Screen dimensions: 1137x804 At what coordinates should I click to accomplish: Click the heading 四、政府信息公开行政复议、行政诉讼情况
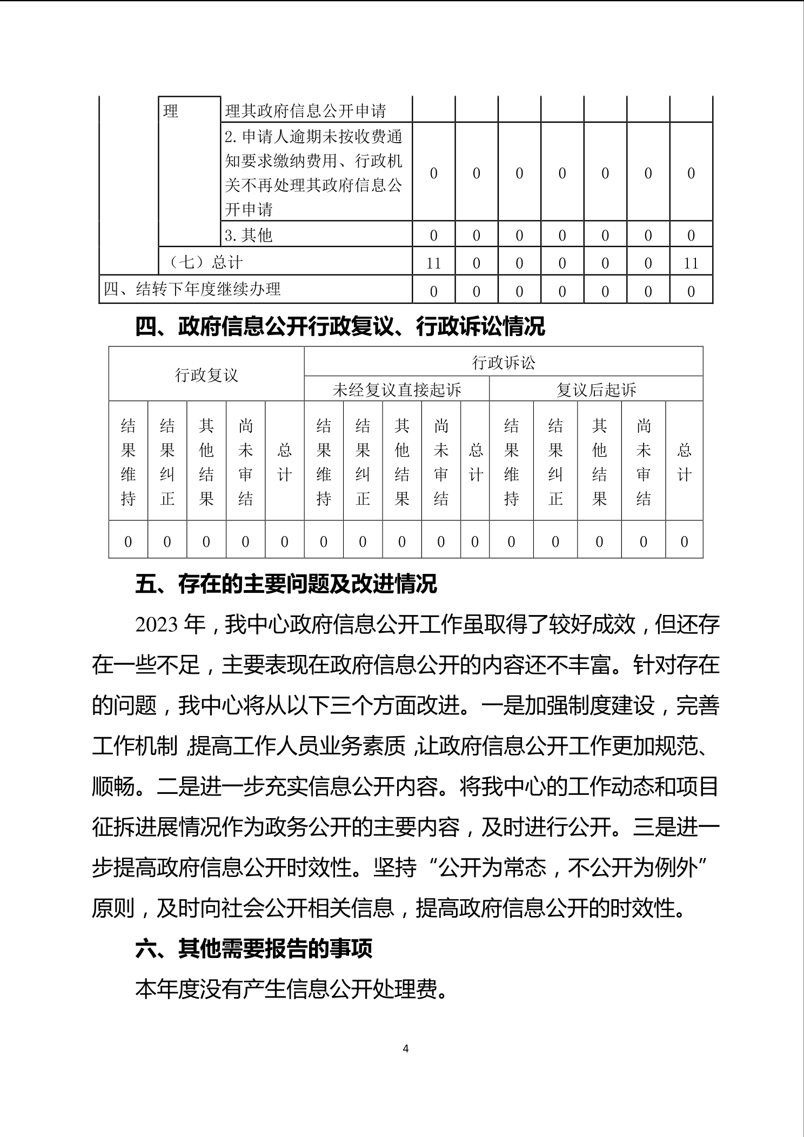[x=340, y=327]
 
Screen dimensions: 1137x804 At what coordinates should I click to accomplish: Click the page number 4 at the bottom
[x=406, y=1048]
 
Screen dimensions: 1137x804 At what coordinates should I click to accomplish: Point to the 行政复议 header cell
[x=206, y=374]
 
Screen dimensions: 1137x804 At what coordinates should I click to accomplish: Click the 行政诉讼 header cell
[x=503, y=363]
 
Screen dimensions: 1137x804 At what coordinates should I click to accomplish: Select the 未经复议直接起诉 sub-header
[x=397, y=390]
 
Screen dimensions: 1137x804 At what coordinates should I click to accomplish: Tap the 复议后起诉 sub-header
[x=596, y=390]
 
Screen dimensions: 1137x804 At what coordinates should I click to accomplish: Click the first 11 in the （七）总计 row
[x=433, y=263]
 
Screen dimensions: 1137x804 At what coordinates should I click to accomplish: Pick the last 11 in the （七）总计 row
[x=691, y=263]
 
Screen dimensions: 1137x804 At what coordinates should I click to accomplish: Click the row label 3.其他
[x=249, y=235]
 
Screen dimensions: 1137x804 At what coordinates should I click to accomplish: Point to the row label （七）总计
[x=202, y=263]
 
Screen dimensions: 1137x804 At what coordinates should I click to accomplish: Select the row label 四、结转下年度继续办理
[x=192, y=289]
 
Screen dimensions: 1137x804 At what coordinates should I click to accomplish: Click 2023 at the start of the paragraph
[x=156, y=625]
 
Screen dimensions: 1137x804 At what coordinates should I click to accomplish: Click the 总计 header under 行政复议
[x=284, y=462]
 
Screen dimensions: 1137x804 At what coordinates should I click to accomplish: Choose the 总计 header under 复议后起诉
[x=684, y=462]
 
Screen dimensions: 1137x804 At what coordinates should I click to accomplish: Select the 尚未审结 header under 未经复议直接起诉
[x=441, y=462]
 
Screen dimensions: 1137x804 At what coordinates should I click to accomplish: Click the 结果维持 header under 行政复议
[x=128, y=462]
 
